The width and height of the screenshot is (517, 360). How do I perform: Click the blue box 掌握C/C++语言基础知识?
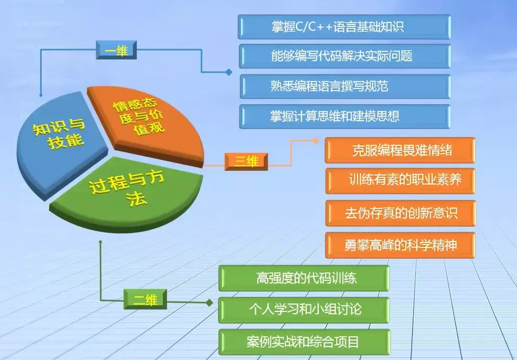coord(344,27)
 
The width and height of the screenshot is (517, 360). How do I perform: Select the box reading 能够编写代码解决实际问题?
coord(344,56)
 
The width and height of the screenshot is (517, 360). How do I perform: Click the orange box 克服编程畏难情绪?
coord(400,150)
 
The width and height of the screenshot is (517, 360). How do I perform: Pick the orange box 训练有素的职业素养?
coord(400,181)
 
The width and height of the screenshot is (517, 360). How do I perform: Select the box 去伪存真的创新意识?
coord(400,213)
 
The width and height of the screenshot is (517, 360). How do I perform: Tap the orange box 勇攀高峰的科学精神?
coord(400,245)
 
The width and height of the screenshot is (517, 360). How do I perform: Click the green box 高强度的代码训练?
coord(304,278)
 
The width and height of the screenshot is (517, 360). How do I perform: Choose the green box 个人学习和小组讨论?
coord(304,309)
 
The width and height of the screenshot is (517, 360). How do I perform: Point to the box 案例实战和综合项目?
coord(304,342)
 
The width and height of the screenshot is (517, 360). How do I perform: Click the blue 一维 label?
coord(116,51)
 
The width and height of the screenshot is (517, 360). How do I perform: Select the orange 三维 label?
coord(246,161)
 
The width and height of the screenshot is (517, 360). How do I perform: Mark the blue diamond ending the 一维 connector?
coord(229,73)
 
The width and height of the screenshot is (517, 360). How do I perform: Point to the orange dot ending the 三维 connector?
coord(315,141)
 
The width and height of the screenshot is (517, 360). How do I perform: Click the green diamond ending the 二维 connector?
coord(209,303)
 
